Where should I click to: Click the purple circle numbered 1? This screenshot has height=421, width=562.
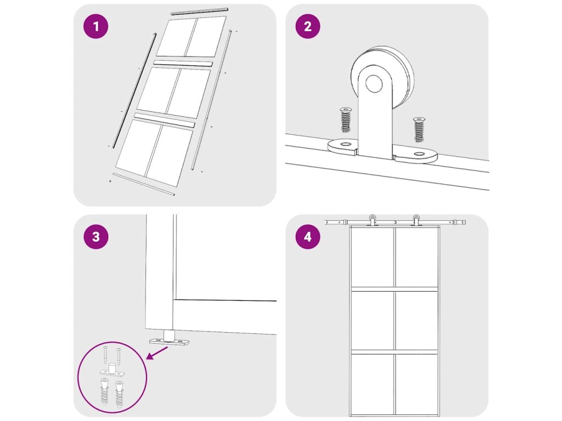[x=95, y=26]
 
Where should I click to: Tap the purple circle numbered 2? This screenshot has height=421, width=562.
[x=308, y=26]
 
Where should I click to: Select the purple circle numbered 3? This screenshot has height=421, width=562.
[x=95, y=237]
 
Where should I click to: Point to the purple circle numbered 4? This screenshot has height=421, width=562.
[x=308, y=237]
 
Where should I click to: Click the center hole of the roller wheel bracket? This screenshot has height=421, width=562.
[x=374, y=83]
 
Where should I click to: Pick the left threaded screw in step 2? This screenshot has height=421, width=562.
[x=346, y=120]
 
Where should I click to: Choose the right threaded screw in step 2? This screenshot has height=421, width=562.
[x=418, y=129]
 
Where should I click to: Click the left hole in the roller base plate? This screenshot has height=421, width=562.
[x=346, y=144]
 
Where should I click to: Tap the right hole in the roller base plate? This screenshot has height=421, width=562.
[x=418, y=154]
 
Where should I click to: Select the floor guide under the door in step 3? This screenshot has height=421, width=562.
[x=169, y=338]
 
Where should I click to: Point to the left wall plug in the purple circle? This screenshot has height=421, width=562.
[x=104, y=391]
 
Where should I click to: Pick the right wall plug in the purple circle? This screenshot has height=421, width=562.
[x=119, y=392]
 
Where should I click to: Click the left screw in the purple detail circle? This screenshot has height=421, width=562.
[x=105, y=355]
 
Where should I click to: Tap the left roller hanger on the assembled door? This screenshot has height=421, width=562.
[x=373, y=220]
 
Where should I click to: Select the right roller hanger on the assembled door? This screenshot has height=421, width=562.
[x=416, y=220]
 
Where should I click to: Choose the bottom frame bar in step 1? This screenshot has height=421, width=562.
[x=144, y=184]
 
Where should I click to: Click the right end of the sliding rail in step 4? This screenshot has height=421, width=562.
[x=465, y=223]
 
